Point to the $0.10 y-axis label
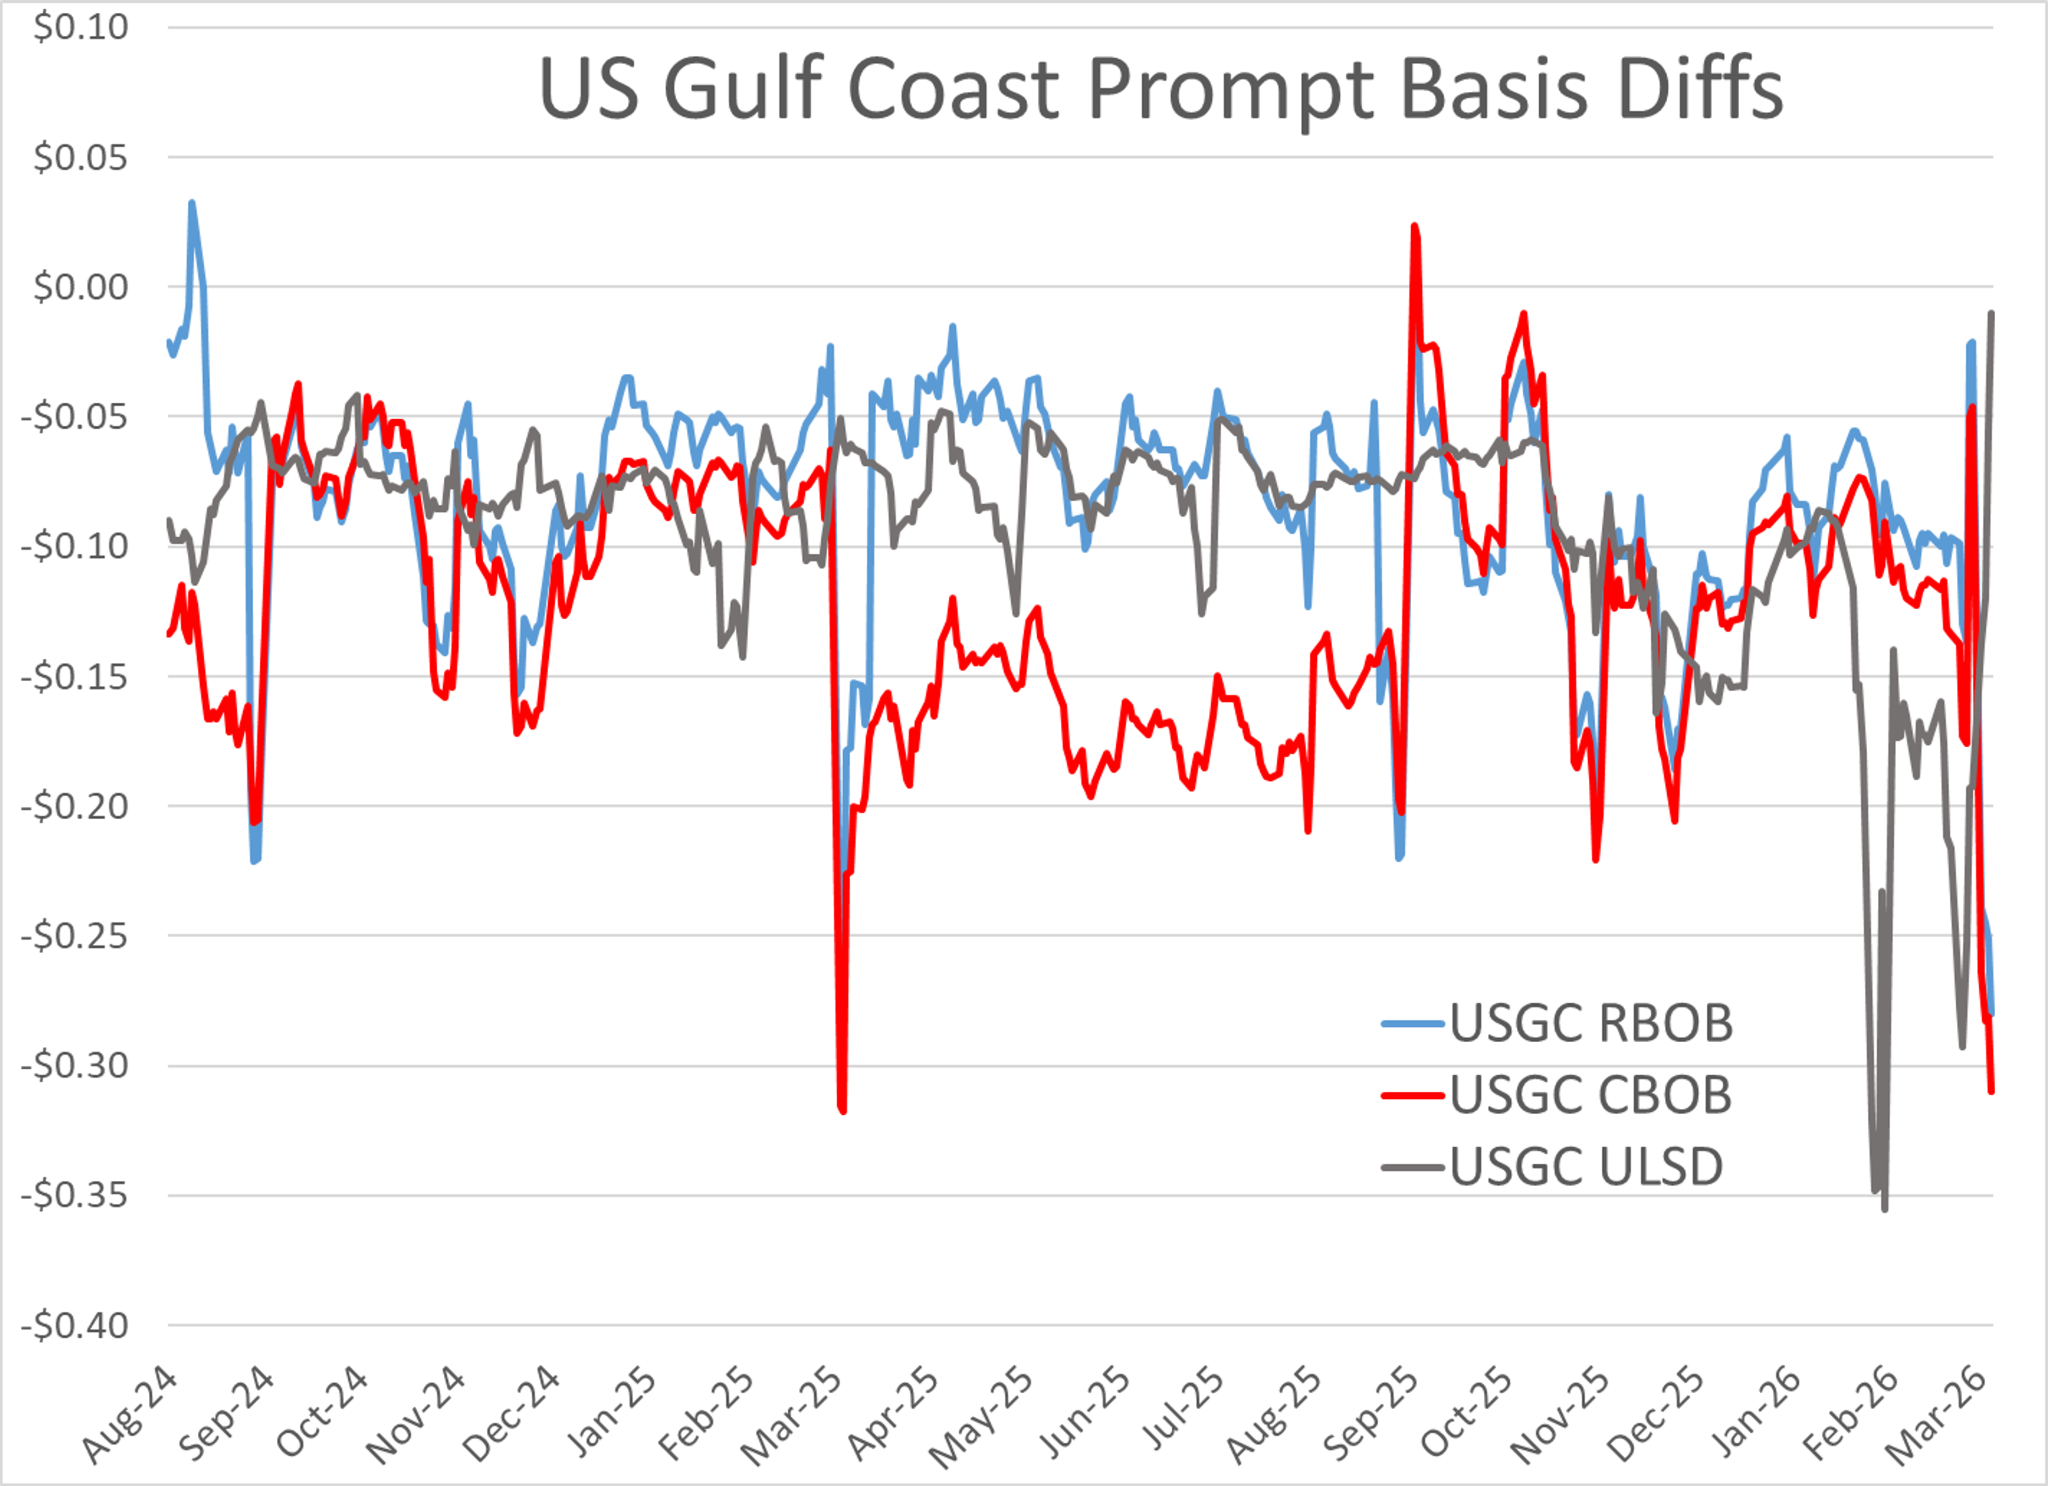[81, 27]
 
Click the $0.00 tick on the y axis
[81, 287]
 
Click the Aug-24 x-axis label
[131, 1415]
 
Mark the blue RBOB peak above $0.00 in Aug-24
[191, 203]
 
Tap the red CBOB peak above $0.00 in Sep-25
[1414, 226]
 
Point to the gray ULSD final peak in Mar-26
[1991, 314]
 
